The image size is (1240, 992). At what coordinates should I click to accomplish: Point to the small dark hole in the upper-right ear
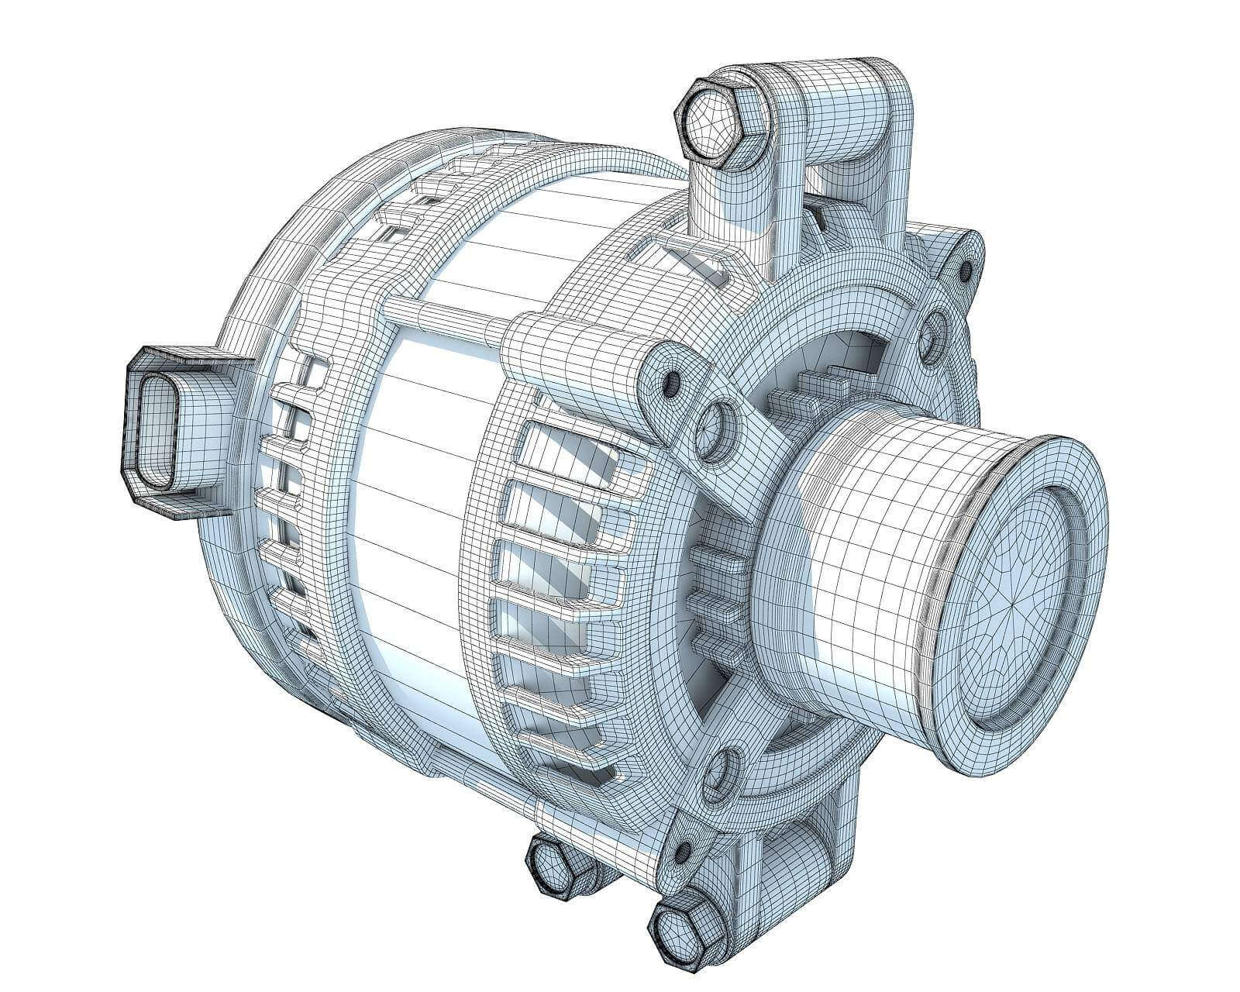tap(966, 270)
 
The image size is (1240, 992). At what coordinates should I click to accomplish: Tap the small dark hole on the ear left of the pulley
tap(672, 381)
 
